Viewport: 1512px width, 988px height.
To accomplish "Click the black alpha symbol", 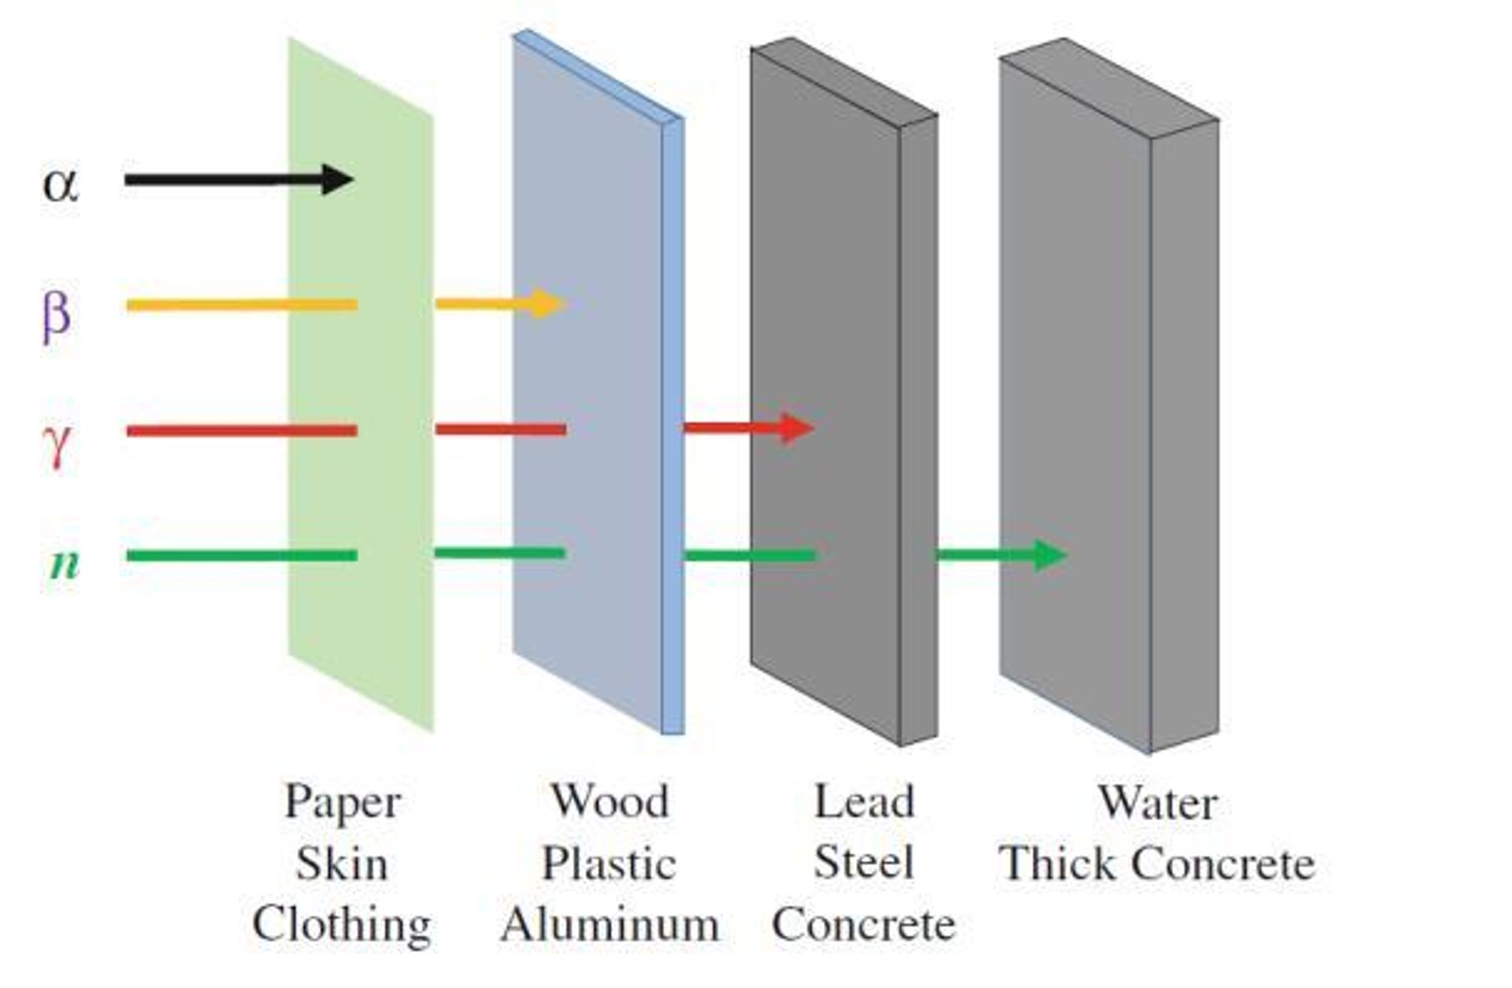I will (x=61, y=185).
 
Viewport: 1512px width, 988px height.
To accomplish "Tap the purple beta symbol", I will (x=57, y=314).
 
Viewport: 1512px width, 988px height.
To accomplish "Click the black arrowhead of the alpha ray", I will (x=338, y=179).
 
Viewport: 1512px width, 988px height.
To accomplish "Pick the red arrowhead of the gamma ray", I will (x=796, y=427).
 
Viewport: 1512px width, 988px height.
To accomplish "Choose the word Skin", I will (x=342, y=864).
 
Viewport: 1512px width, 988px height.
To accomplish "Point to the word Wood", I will (x=609, y=802).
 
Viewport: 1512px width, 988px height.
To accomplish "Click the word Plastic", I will (x=609, y=864).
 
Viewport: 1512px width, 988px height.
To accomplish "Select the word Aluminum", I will (x=610, y=924).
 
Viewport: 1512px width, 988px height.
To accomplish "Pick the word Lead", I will (x=864, y=802).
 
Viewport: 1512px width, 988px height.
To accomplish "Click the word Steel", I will (x=864, y=863).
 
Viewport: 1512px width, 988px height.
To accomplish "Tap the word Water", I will (x=1158, y=804).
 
